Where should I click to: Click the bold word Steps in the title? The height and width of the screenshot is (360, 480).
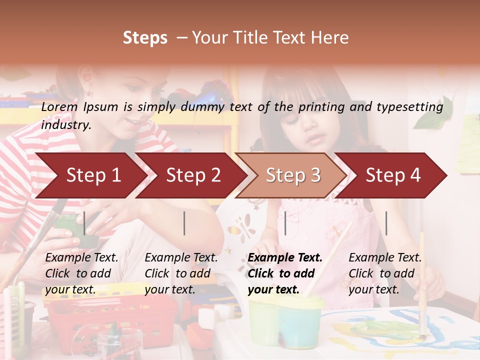coord(145,38)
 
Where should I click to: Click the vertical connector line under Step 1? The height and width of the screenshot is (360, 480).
coord(84,223)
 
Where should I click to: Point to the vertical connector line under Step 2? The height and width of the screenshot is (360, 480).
coord(184,223)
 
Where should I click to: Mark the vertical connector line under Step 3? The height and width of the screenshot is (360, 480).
coord(285,223)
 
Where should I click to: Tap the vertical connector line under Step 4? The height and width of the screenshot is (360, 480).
coord(386,223)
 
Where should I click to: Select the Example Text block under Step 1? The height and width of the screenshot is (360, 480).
coord(81,273)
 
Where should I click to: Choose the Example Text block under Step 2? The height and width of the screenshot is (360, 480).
coord(181,273)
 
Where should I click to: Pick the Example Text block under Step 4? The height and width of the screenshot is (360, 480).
coord(385,273)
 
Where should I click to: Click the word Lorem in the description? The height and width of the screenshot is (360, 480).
coord(59,106)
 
